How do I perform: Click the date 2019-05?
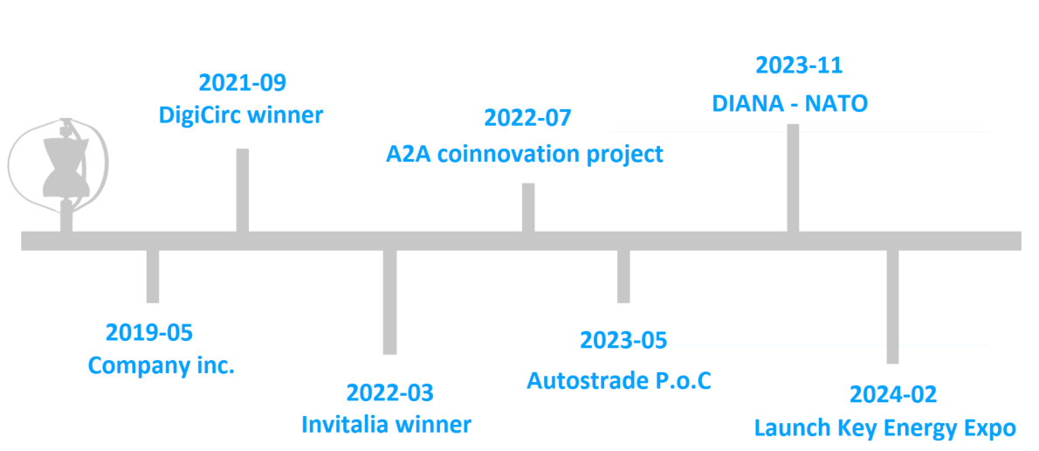click(150, 332)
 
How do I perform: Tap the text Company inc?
click(162, 364)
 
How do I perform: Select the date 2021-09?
click(242, 83)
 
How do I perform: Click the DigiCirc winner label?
click(241, 114)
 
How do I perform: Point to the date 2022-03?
click(389, 392)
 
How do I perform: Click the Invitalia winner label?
click(386, 424)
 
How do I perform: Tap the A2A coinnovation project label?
click(525, 155)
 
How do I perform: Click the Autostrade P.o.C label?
click(619, 381)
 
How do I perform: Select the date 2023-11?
click(799, 65)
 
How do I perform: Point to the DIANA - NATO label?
click(789, 103)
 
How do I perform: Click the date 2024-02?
click(893, 395)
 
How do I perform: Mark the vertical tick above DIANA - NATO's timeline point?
click(793, 177)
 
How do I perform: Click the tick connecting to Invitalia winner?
click(389, 302)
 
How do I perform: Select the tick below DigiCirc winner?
click(243, 191)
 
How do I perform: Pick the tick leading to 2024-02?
click(892, 307)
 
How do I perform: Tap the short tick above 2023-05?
click(623, 276)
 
